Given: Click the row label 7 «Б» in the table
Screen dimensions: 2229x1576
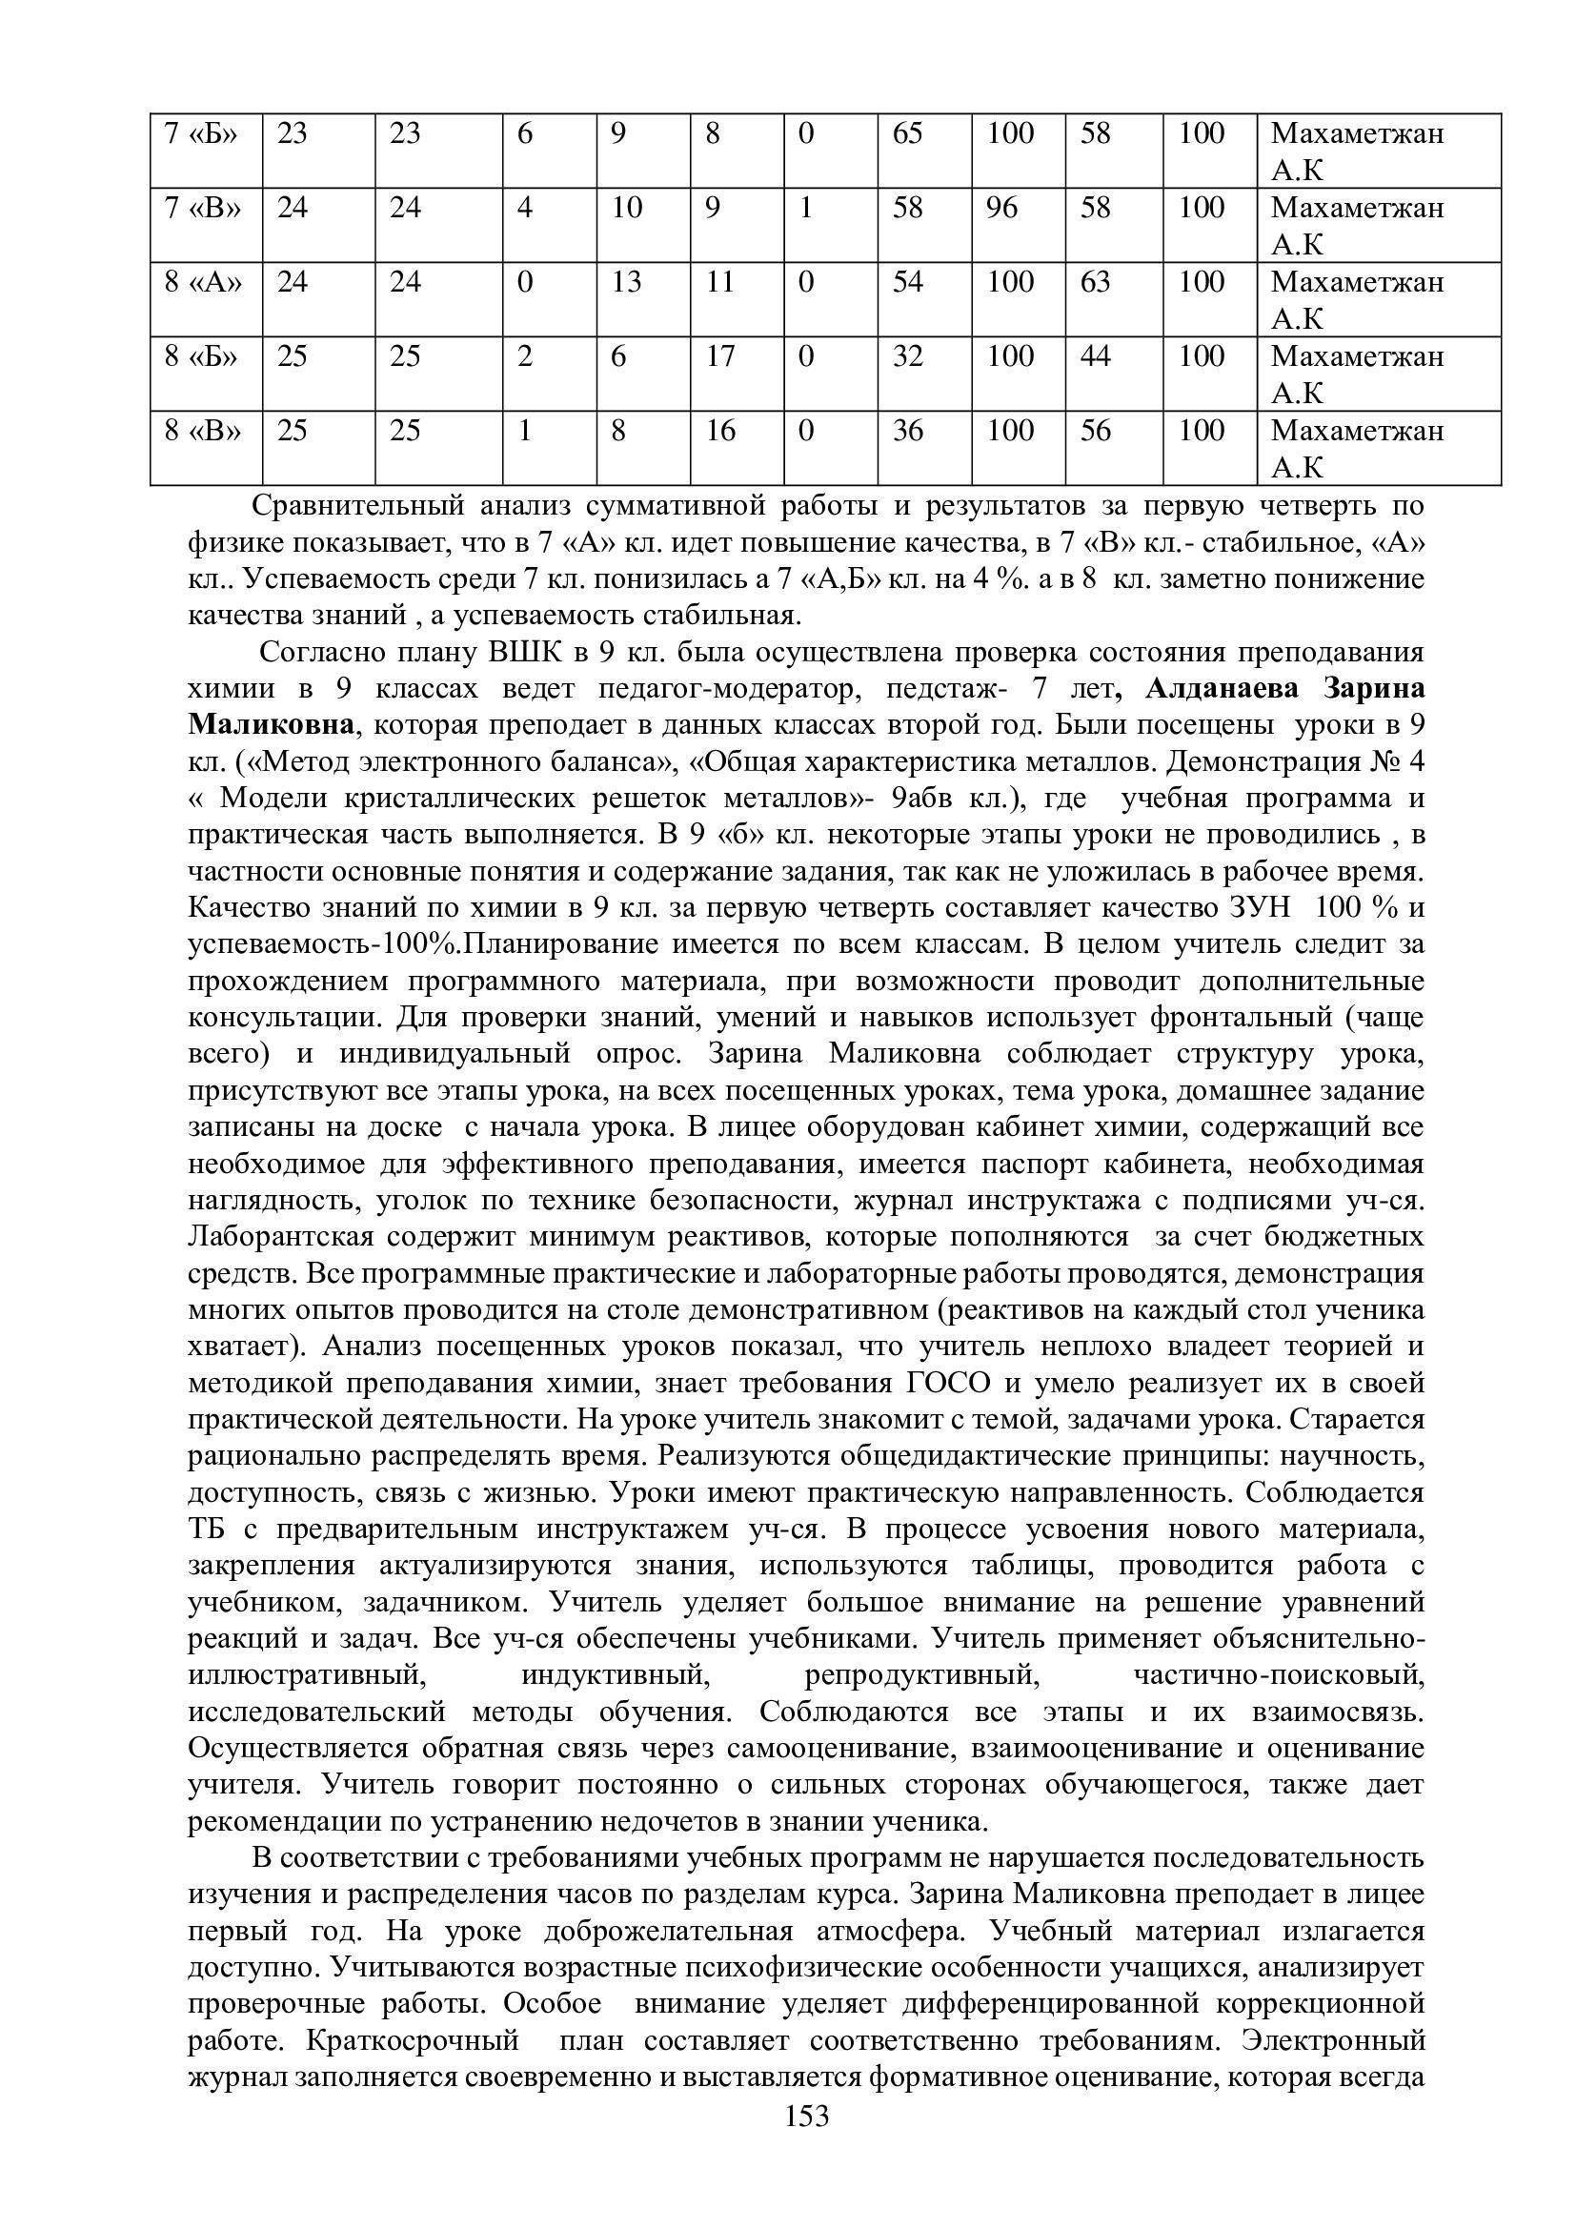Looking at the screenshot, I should click(201, 133).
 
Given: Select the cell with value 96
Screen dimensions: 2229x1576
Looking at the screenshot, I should click(1002, 208).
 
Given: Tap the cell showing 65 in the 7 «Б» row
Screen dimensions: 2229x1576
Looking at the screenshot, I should click(907, 133).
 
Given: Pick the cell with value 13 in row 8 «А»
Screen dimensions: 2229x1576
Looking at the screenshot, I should click(627, 282).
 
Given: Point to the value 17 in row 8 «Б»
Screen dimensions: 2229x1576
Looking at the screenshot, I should click(720, 356).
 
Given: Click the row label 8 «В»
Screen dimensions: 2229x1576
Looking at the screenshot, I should click(202, 430).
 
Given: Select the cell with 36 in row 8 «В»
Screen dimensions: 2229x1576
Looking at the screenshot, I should click(907, 430).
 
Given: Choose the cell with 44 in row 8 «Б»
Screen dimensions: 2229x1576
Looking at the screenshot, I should click(1096, 356).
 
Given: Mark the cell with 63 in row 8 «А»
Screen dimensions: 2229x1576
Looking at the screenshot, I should click(1096, 282).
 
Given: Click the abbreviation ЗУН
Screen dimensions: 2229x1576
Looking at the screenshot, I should click(1259, 908).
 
